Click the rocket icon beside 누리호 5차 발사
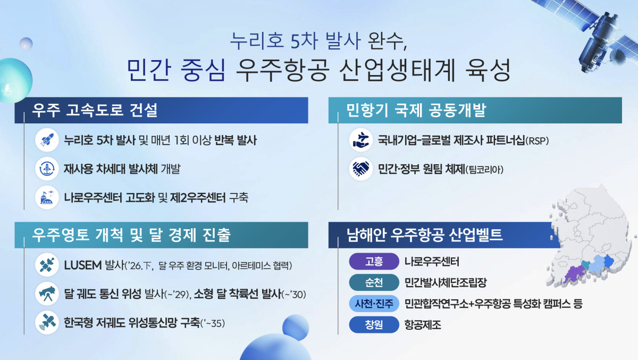coord(47,140)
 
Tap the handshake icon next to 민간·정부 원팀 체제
coord(361,169)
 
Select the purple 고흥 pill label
coord(374,261)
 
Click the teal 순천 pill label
coord(374,282)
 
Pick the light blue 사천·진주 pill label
coord(374,304)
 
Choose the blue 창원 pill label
coord(374,325)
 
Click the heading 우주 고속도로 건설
coord(95,110)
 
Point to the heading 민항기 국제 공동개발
coord(416,110)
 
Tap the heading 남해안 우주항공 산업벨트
coord(424,235)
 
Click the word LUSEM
coord(83,265)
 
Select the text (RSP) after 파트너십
coord(537,141)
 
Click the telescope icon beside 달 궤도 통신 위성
coord(47,294)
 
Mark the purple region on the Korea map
coord(573,274)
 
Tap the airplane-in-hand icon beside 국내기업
coord(361,140)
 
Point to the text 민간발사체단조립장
coord(446,282)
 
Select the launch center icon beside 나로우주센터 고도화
coord(47,197)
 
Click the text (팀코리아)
coord(484,170)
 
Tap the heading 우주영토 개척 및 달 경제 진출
coord(131,235)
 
